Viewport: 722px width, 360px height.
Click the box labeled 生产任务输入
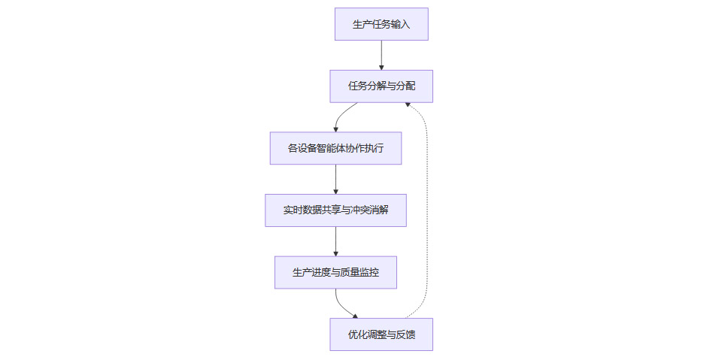coord(381,24)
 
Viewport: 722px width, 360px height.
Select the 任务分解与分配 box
coord(381,86)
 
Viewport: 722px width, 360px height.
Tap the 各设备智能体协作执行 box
coord(335,148)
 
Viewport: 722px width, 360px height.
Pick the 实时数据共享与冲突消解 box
coord(335,210)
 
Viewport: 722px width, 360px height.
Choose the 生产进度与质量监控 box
coord(335,272)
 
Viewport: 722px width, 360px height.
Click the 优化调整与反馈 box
coord(381,334)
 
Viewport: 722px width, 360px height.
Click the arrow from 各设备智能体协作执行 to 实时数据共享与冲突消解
coord(335,179)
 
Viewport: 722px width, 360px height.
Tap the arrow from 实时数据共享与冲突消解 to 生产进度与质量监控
coord(335,241)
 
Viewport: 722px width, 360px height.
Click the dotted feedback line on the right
coord(427,210)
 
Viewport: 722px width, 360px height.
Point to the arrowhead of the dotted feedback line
coord(408,105)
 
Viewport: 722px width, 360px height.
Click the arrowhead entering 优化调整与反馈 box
coord(355,316)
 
